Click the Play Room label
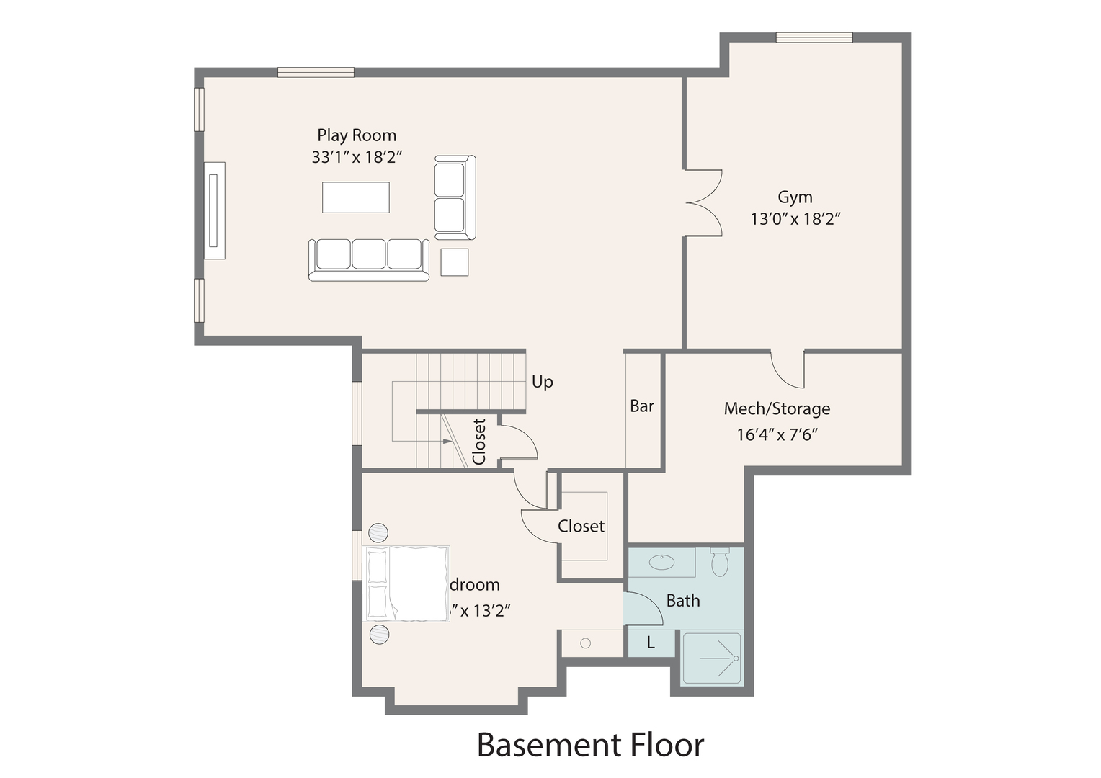pos(357,135)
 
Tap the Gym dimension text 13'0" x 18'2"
pos(795,219)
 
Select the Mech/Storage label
pos(777,409)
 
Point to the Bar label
pos(641,406)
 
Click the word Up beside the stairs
pos(542,382)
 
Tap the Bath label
pos(682,601)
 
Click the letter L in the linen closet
pos(651,643)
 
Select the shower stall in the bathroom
pos(711,658)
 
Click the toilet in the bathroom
pos(720,562)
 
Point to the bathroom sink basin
pos(661,562)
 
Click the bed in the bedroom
pos(407,583)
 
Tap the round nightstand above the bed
pos(379,533)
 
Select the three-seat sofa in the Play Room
pos(368,259)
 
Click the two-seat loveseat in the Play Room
pos(455,197)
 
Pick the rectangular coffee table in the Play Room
pos(355,197)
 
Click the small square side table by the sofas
pos(454,262)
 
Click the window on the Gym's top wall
pos(814,37)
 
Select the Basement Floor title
pos(590,745)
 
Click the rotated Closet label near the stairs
pos(479,441)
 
